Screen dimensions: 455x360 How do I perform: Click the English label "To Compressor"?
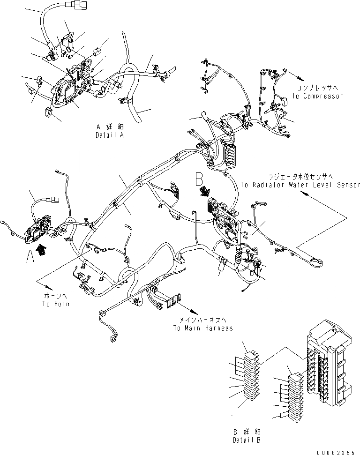click(317, 96)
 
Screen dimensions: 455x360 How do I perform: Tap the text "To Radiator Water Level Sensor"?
click(300, 185)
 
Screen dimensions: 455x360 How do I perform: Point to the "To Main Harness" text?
click(203, 328)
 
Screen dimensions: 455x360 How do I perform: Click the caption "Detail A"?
click(109, 135)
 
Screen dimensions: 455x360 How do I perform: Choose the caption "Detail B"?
click(247, 440)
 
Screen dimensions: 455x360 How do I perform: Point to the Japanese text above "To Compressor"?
click(317, 88)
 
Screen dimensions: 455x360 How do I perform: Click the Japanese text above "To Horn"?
click(56, 296)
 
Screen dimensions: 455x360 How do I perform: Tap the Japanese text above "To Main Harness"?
click(203, 320)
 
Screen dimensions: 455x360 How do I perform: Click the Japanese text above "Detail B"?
click(247, 432)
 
